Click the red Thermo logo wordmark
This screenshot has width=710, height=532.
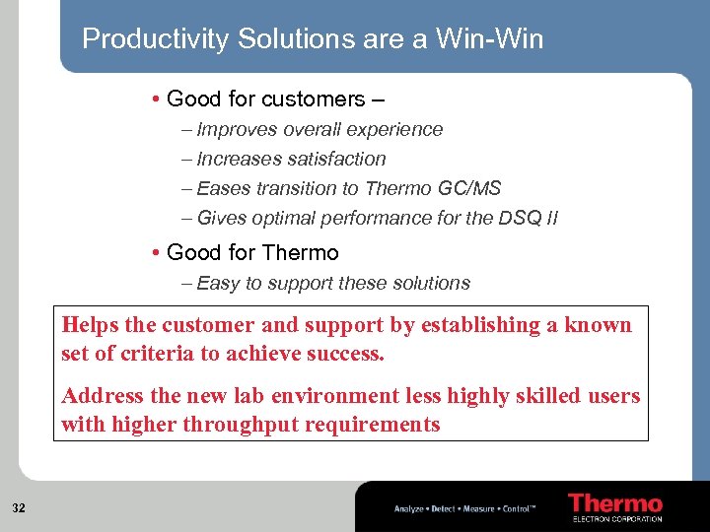click(x=615, y=503)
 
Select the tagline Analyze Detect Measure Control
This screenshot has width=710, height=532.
click(x=464, y=508)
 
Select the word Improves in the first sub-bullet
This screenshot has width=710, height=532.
click(x=237, y=129)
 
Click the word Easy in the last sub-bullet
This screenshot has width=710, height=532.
click(x=219, y=283)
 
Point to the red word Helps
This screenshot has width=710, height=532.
click(x=93, y=325)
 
